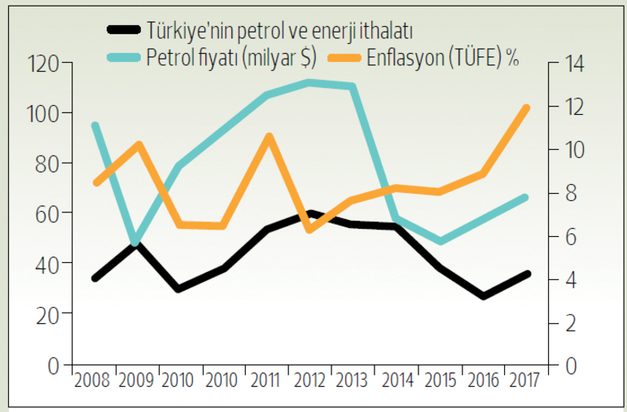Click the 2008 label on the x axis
click(x=94, y=381)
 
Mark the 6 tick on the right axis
click(x=568, y=236)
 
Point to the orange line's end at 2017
click(x=526, y=107)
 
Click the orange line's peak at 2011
click(x=268, y=136)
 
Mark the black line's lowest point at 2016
click(x=484, y=296)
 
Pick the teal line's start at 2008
click(x=95, y=125)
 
